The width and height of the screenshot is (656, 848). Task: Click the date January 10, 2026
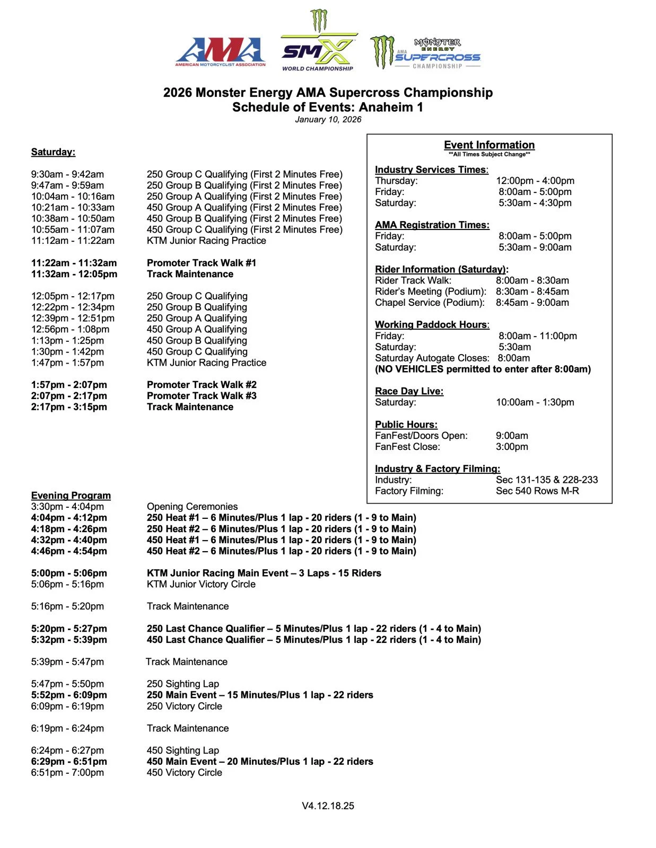pos(328,120)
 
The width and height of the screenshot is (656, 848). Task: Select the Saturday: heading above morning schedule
pos(53,152)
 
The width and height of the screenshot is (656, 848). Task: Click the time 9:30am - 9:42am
pos(67,174)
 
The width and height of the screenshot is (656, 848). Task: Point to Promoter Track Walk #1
pos(202,263)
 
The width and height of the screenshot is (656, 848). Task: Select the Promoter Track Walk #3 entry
pos(202,396)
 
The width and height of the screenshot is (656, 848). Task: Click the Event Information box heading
pos(489,145)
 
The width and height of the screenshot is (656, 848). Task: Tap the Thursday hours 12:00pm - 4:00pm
pos(535,181)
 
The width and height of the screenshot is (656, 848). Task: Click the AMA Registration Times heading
pos(432,225)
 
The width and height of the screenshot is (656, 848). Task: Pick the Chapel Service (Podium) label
pos(430,303)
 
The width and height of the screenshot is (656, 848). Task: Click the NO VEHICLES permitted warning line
pos(483,369)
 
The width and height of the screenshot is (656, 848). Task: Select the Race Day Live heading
pos(409,391)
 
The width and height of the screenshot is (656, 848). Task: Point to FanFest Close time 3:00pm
pos(512,447)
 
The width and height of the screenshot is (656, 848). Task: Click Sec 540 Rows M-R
pos(537,491)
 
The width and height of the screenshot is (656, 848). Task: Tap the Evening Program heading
pos(71,496)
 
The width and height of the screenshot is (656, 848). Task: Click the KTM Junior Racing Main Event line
pos(264,573)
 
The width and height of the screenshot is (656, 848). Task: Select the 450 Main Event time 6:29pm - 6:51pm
pos(69,762)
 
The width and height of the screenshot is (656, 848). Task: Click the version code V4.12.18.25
pos(328,806)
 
